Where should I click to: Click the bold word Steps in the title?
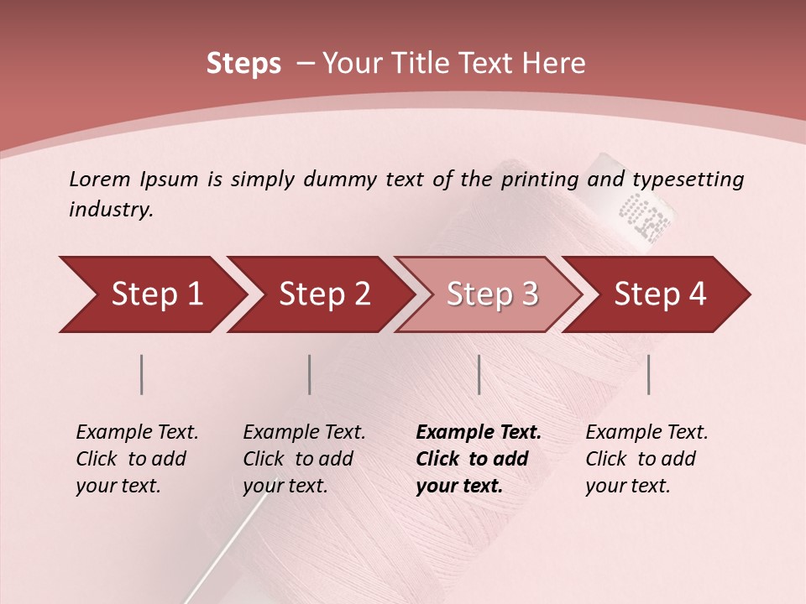pyautogui.click(x=243, y=64)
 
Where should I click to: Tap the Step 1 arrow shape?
pyautogui.click(x=151, y=294)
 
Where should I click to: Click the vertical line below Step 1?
pyautogui.click(x=142, y=374)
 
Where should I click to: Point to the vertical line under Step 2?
pyautogui.click(x=310, y=374)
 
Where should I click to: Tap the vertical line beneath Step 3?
pyautogui.click(x=479, y=374)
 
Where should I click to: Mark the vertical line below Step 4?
pyautogui.click(x=649, y=374)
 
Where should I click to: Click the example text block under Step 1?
pyautogui.click(x=137, y=459)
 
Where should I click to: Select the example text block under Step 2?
pyautogui.click(x=304, y=459)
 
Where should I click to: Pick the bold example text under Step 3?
pyautogui.click(x=479, y=459)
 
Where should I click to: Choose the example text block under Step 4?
pyautogui.click(x=646, y=459)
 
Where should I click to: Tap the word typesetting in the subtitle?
pyautogui.click(x=688, y=180)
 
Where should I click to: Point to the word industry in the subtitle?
pyautogui.click(x=111, y=210)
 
